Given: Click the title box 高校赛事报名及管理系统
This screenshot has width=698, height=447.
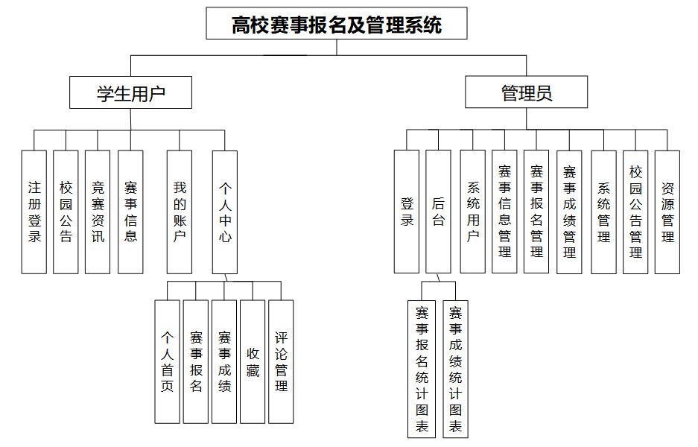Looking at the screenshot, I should pyautogui.click(x=337, y=24).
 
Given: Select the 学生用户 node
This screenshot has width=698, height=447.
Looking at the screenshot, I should pyautogui.click(x=130, y=93).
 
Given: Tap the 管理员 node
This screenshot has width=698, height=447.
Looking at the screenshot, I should pyautogui.click(x=526, y=93).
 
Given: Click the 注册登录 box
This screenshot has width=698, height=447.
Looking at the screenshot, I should pyautogui.click(x=34, y=212).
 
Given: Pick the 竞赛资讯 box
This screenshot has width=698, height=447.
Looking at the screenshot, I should pyautogui.click(x=98, y=212).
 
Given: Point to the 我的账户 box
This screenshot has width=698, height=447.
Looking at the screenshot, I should pyautogui.click(x=180, y=212).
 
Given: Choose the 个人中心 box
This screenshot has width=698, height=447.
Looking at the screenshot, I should pyautogui.click(x=225, y=212).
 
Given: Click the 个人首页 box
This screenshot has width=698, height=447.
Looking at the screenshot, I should pyautogui.click(x=168, y=361).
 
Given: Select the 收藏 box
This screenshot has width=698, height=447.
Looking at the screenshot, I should pyautogui.click(x=253, y=361).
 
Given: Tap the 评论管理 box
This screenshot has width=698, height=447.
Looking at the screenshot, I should pyautogui.click(x=281, y=361).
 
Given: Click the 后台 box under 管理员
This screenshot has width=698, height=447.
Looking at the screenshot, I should pyautogui.click(x=438, y=212).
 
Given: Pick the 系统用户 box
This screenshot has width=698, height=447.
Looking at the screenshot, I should pyautogui.click(x=473, y=212).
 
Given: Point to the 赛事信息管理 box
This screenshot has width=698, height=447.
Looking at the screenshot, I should pyautogui.click(x=504, y=212).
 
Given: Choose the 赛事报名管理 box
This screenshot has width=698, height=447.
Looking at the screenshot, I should pyautogui.click(x=536, y=212).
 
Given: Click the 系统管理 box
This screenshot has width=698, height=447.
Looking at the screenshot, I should pyautogui.click(x=603, y=212).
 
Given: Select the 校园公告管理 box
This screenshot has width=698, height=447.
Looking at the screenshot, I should pyautogui.click(x=635, y=212).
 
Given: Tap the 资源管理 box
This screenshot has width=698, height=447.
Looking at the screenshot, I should pyautogui.click(x=667, y=212).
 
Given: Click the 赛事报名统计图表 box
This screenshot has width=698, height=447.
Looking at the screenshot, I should pyautogui.click(x=422, y=369).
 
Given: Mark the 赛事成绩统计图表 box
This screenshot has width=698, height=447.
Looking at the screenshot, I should pyautogui.click(x=455, y=369).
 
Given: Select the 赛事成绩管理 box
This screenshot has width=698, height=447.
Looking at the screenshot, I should pyautogui.click(x=569, y=212).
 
